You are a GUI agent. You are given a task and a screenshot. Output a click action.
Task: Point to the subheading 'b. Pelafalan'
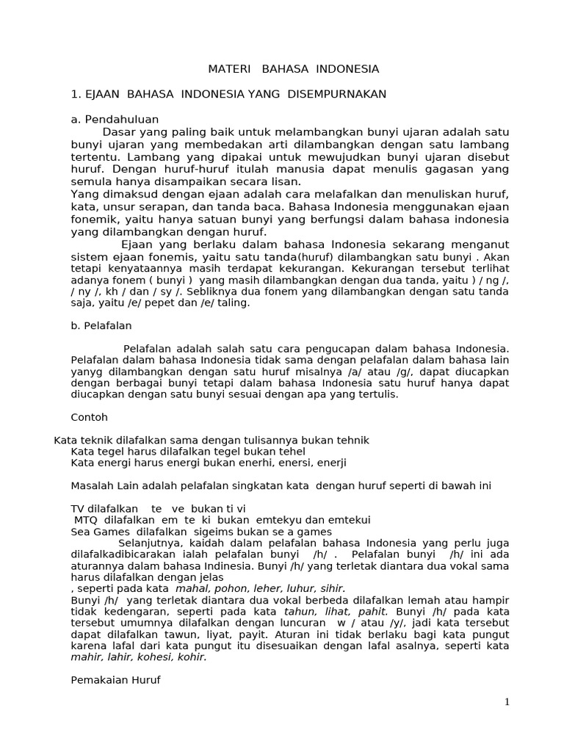101,325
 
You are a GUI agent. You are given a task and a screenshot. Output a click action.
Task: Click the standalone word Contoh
89,417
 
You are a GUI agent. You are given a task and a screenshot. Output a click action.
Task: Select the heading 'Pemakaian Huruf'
115,680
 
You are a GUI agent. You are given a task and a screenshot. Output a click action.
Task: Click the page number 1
507,702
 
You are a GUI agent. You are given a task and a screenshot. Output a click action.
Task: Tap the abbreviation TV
78,508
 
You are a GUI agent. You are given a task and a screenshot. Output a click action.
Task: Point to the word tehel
291,451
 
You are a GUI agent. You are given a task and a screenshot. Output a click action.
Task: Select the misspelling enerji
331,463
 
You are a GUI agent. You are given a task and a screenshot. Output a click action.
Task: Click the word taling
235,303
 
